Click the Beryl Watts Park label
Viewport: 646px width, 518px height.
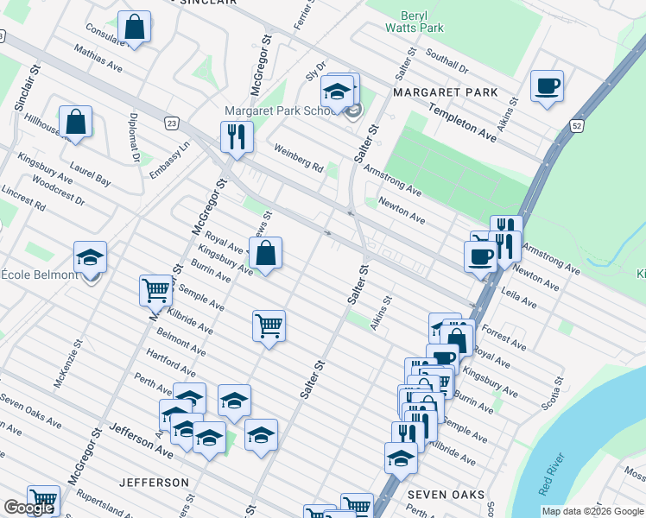421,22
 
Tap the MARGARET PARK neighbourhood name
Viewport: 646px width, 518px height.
445,92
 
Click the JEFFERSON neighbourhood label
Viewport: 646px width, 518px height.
154,482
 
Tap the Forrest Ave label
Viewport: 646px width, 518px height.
504,337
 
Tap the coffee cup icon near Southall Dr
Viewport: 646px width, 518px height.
547,86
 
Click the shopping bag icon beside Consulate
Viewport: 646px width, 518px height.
135,27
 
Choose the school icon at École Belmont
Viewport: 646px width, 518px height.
90,257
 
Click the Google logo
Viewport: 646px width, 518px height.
28,509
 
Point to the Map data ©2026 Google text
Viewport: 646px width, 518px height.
592,511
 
